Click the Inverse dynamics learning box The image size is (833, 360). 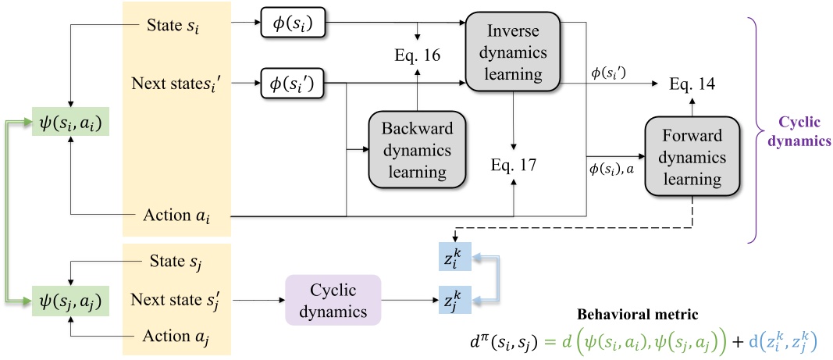point(513,52)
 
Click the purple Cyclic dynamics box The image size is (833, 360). point(333,300)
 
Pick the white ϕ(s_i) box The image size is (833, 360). point(291,26)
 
